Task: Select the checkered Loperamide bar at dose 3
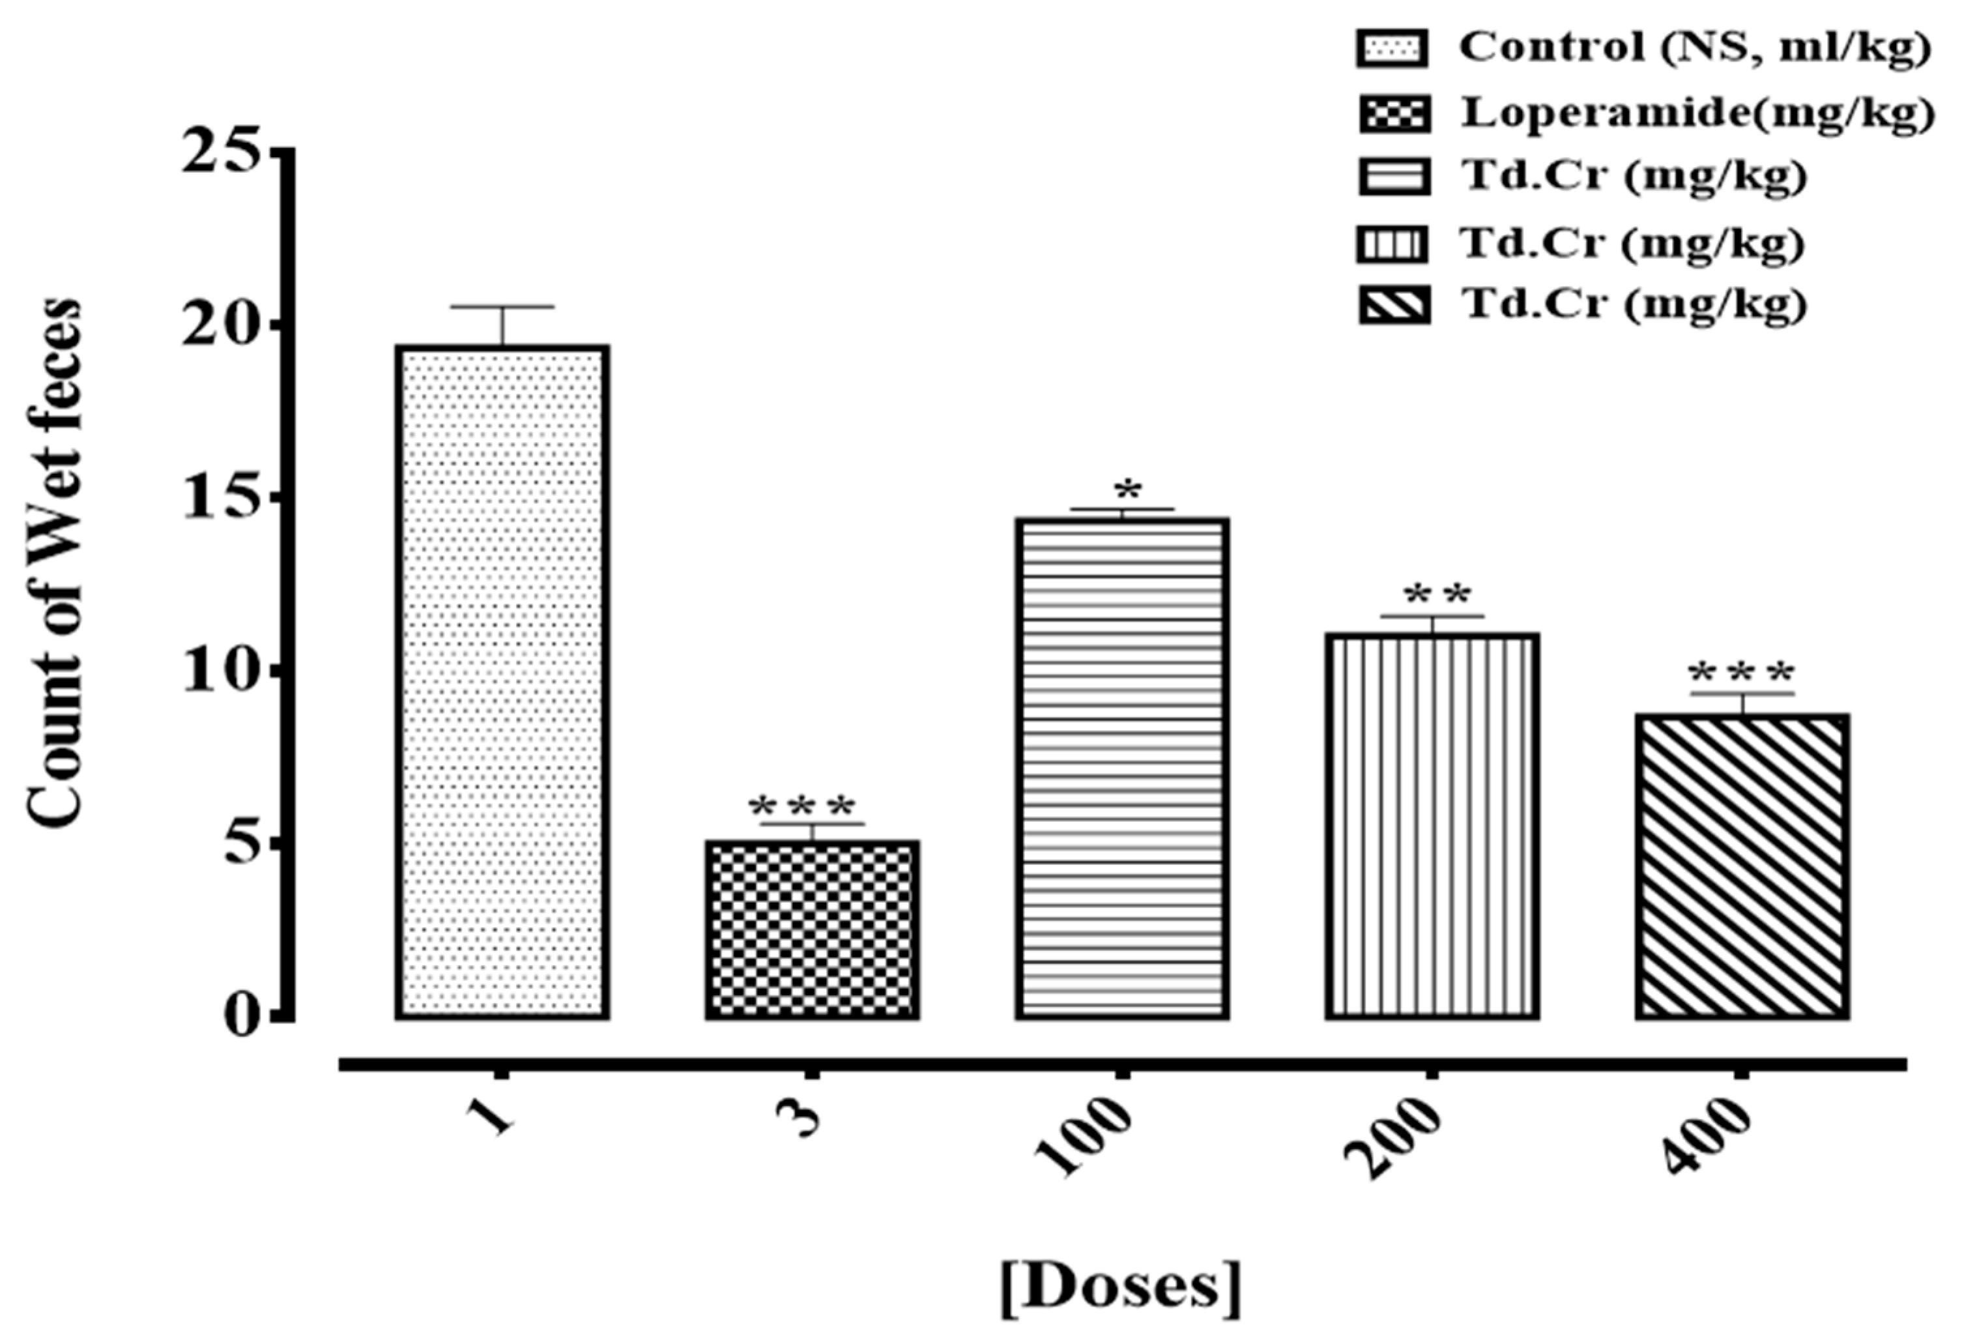[812, 929]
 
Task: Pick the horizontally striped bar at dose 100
[1121, 768]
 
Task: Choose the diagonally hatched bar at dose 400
[1742, 866]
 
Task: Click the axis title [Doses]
[1121, 1287]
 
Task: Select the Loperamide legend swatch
[1393, 115]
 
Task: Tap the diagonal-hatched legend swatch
[1393, 306]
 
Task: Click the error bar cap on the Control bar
[502, 306]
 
